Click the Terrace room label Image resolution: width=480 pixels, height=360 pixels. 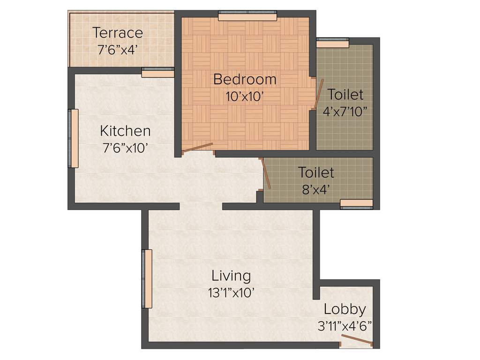117,33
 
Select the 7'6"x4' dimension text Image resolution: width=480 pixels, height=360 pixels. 117,49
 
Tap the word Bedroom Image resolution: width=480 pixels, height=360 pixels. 245,79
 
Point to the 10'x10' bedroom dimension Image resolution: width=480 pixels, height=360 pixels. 245,97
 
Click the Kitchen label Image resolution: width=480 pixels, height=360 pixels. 126,130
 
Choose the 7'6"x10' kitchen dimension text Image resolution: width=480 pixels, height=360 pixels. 126,148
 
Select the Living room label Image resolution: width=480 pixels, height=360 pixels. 231,275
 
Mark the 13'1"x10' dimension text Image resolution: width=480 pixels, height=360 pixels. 231,293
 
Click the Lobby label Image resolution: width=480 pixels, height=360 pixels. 345,309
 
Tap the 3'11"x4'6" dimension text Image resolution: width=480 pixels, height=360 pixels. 345,326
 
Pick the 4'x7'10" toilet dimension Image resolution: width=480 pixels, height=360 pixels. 345,112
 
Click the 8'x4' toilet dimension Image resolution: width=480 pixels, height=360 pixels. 316,190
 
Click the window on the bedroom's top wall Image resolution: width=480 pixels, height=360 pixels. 247,17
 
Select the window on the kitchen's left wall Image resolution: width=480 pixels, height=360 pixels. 74,138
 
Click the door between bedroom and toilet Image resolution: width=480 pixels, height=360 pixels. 319,94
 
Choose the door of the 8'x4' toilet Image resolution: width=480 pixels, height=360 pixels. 265,173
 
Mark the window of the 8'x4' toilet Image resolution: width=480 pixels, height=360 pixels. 356,203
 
